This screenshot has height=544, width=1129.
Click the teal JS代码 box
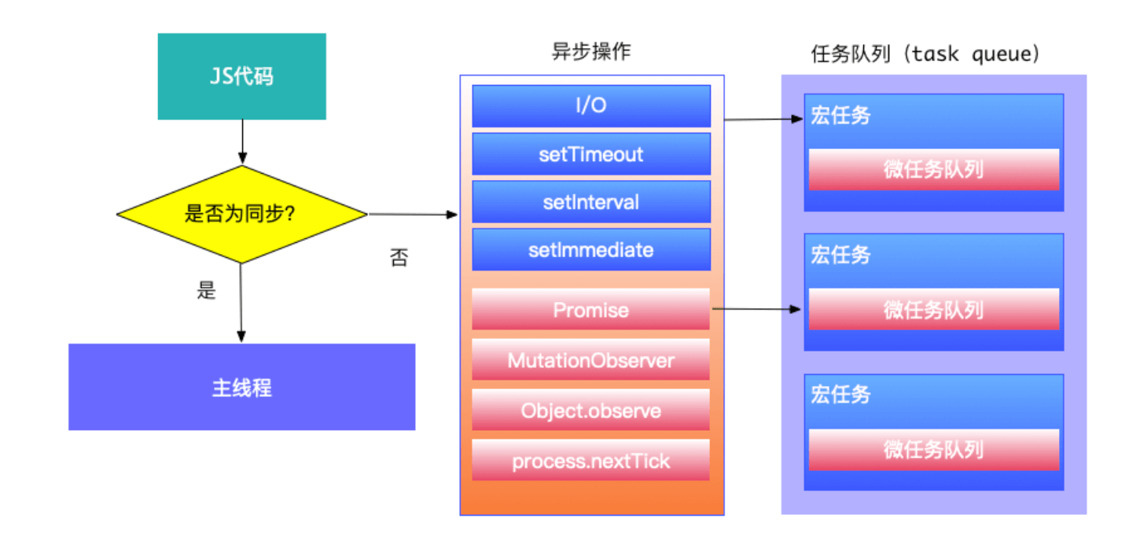coord(241,76)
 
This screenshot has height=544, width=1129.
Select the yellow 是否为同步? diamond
coord(241,214)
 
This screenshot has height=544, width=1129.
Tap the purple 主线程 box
coord(241,387)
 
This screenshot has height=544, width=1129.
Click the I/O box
coord(591,106)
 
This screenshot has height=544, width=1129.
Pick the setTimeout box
coord(591,154)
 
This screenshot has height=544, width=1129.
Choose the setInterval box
coord(591,202)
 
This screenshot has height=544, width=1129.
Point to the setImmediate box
coord(591,250)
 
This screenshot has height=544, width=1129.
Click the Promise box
coord(591,309)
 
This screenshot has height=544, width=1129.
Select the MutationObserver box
coord(591,360)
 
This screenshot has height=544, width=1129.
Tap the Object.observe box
coord(591,410)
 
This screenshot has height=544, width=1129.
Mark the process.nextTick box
coord(591,460)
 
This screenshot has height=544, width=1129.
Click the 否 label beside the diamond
coord(399,258)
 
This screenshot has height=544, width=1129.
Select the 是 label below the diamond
coord(206,290)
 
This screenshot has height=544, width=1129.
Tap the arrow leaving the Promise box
coord(756,310)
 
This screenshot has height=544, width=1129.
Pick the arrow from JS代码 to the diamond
coord(241,142)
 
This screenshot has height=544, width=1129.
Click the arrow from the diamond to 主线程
coord(241,303)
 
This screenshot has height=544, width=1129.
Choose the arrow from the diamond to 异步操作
coord(413,214)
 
